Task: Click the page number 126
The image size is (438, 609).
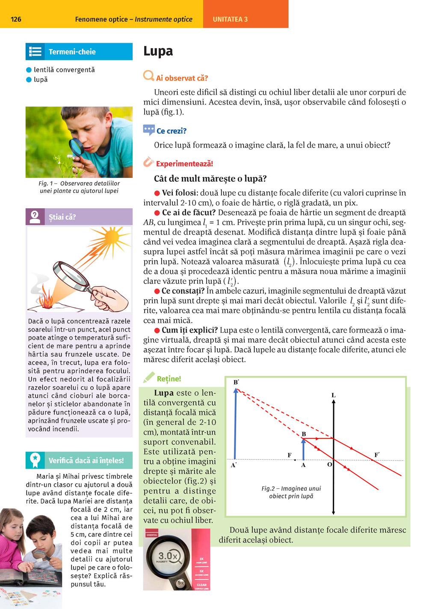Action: tap(16, 19)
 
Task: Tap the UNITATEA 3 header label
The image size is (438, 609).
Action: tap(230, 19)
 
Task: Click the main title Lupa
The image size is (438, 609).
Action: tap(158, 51)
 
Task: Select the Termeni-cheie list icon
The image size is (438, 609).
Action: tap(35, 52)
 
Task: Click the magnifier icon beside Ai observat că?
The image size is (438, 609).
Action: tap(148, 76)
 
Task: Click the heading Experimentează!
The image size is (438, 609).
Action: tap(184, 164)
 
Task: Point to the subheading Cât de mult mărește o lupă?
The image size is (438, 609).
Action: tap(210, 179)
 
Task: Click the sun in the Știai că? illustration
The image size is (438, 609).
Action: tap(112, 237)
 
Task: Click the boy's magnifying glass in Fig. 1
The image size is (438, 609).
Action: tap(77, 146)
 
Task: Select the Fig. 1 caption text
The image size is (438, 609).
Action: tap(79, 187)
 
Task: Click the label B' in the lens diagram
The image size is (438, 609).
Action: tap(236, 382)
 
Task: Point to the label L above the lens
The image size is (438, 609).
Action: tap(334, 395)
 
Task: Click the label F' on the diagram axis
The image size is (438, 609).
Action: tap(377, 455)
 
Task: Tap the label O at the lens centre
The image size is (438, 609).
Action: tap(329, 464)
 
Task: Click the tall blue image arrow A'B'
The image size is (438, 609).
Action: tap(235, 423)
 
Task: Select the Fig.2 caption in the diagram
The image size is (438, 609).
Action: tap(291, 492)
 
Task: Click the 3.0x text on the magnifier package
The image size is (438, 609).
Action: tap(169, 556)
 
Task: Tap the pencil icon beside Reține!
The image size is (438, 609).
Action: tap(148, 378)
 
